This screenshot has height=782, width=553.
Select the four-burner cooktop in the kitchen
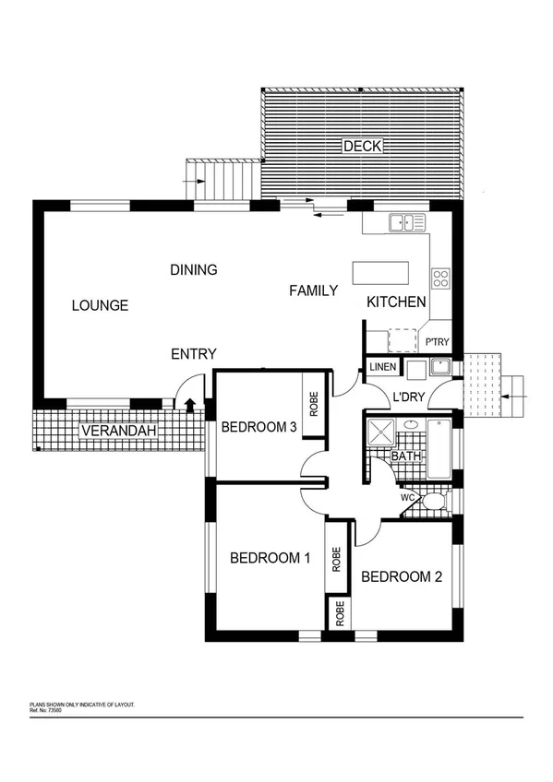(440, 277)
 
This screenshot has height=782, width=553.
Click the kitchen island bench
(380, 273)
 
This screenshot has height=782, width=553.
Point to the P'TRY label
(438, 343)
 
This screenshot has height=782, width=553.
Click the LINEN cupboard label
(383, 368)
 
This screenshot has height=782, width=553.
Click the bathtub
(439, 449)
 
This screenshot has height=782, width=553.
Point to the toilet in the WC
(432, 503)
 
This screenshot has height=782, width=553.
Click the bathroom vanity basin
(410, 426)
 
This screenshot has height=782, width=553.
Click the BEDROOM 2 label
(402, 577)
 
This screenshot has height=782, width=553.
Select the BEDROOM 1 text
(270, 557)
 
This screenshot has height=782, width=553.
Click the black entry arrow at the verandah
(190, 404)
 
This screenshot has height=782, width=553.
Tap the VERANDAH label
(117, 432)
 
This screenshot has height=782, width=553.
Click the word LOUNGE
(100, 306)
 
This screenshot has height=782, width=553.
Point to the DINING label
(194, 270)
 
